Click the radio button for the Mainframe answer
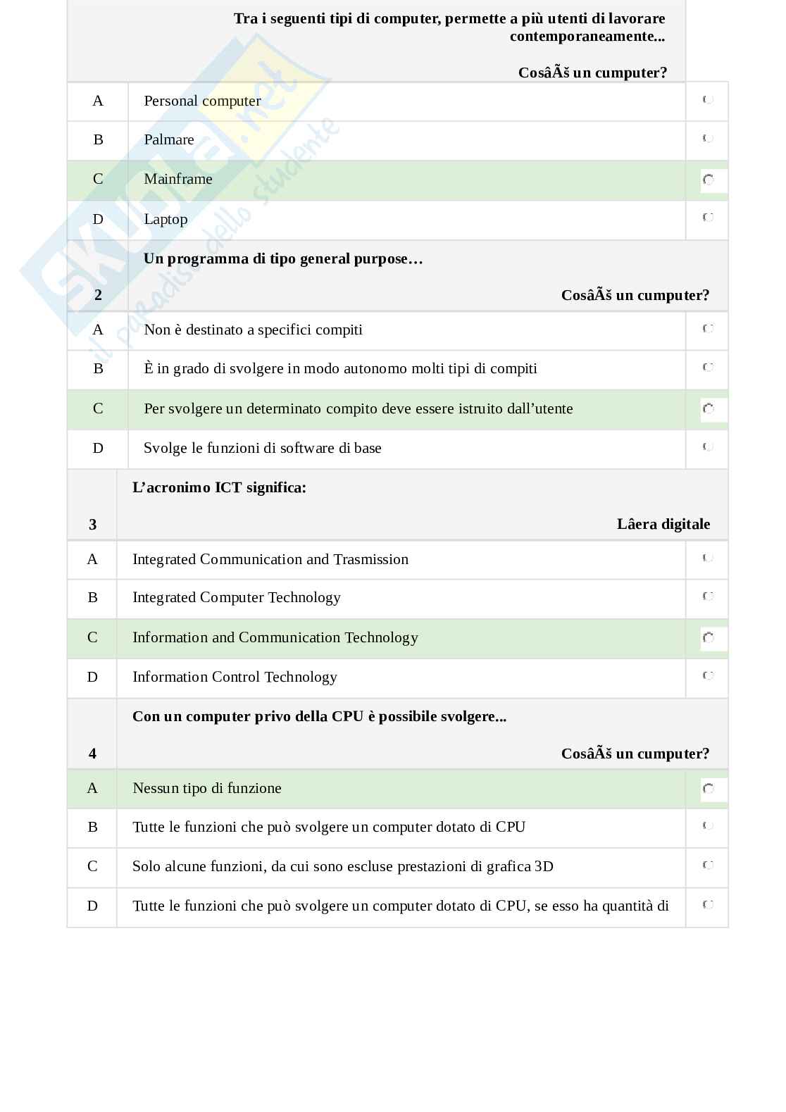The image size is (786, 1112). tap(708, 180)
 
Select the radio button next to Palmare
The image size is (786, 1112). tap(708, 139)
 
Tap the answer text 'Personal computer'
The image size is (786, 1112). tap(202, 101)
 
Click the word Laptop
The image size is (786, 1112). tap(166, 219)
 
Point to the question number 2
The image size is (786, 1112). tap(98, 295)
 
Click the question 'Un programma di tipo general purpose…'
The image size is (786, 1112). tap(283, 258)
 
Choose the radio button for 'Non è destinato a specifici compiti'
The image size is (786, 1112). tap(708, 328)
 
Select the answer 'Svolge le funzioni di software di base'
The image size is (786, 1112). tap(262, 448)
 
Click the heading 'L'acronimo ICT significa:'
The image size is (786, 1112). tap(219, 487)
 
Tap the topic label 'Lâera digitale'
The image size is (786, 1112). tap(663, 524)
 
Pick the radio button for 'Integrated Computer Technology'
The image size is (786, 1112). tap(708, 596)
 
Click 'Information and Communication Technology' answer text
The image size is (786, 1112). tap(275, 637)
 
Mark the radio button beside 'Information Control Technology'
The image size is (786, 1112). tap(708, 676)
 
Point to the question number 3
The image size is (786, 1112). tap(92, 524)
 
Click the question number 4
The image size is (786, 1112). tap(92, 754)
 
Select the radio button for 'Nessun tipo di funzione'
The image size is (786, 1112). tap(708, 789)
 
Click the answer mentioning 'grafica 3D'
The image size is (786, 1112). tap(342, 866)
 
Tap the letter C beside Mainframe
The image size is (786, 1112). tap(98, 179)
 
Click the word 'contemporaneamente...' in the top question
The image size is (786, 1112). tap(587, 36)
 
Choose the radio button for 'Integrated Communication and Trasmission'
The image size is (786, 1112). tap(708, 558)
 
